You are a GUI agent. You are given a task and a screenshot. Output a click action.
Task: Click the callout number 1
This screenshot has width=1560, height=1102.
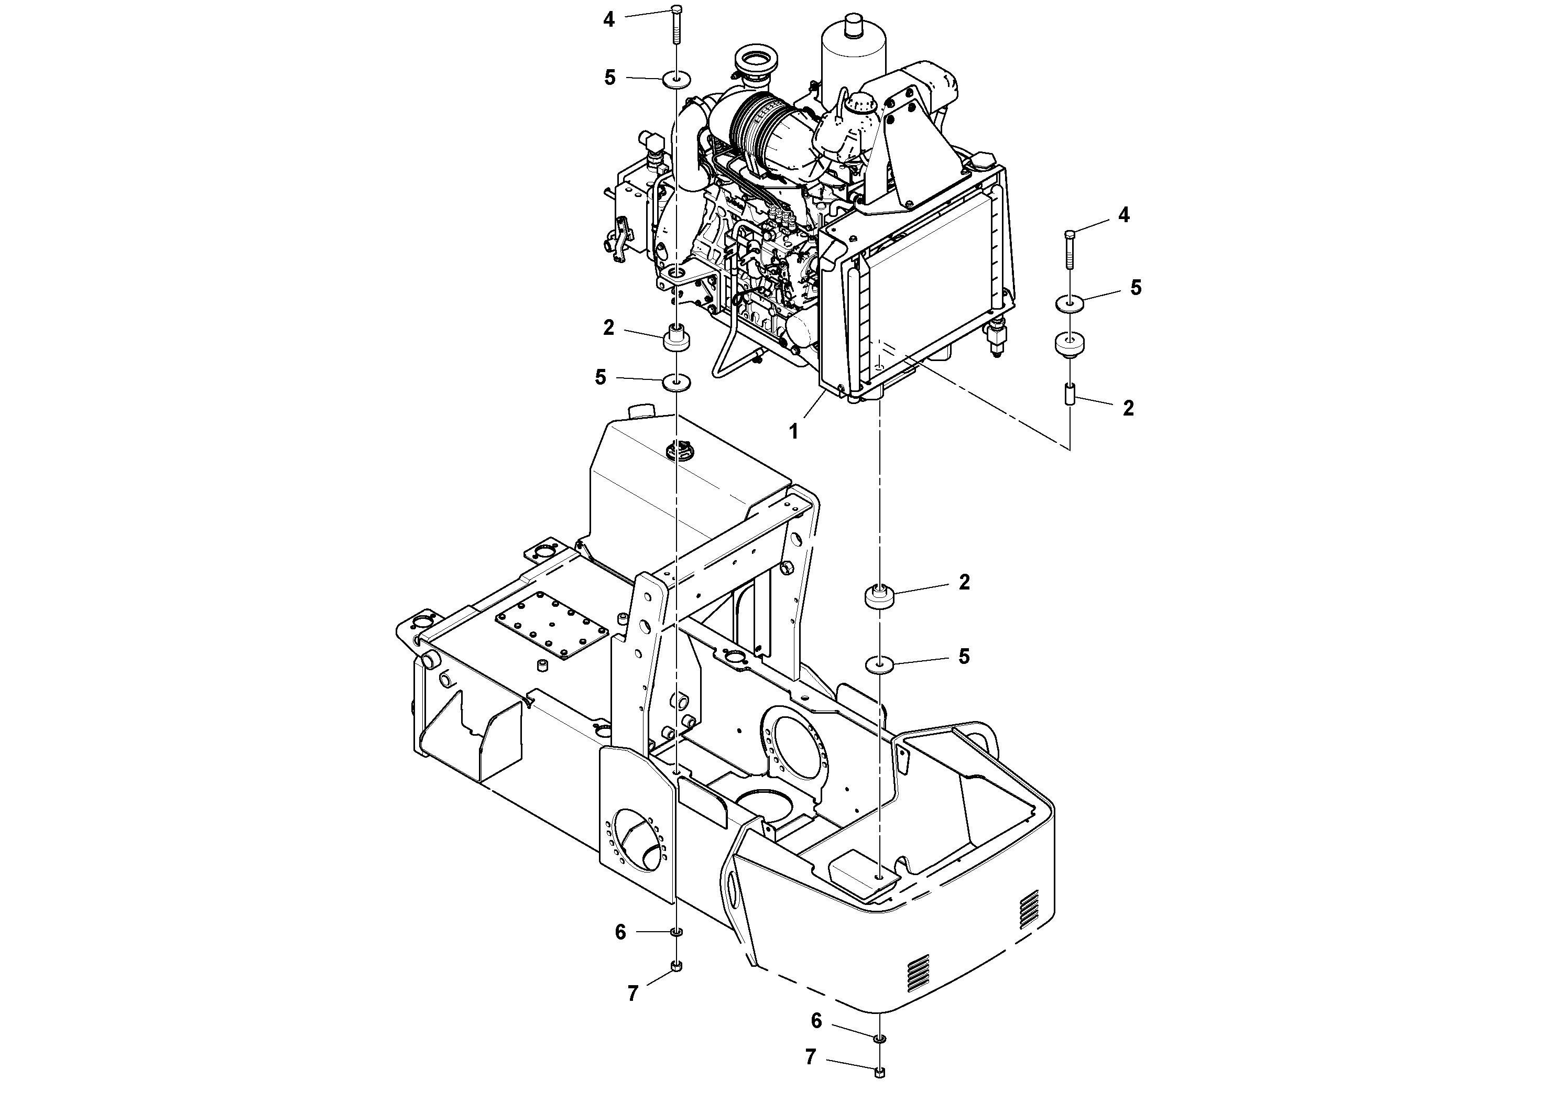[x=793, y=431]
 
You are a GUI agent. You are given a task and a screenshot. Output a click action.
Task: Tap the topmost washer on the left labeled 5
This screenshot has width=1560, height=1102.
[x=677, y=81]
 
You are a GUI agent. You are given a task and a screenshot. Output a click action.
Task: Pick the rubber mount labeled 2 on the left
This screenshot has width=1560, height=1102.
[x=677, y=337]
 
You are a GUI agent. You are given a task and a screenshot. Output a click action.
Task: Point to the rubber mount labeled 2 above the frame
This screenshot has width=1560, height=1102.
[x=879, y=598]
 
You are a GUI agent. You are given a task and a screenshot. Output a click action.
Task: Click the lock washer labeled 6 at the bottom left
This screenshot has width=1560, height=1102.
[x=677, y=932]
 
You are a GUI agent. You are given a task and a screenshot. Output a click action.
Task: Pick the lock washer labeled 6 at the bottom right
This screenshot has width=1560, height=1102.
[x=880, y=1038]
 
